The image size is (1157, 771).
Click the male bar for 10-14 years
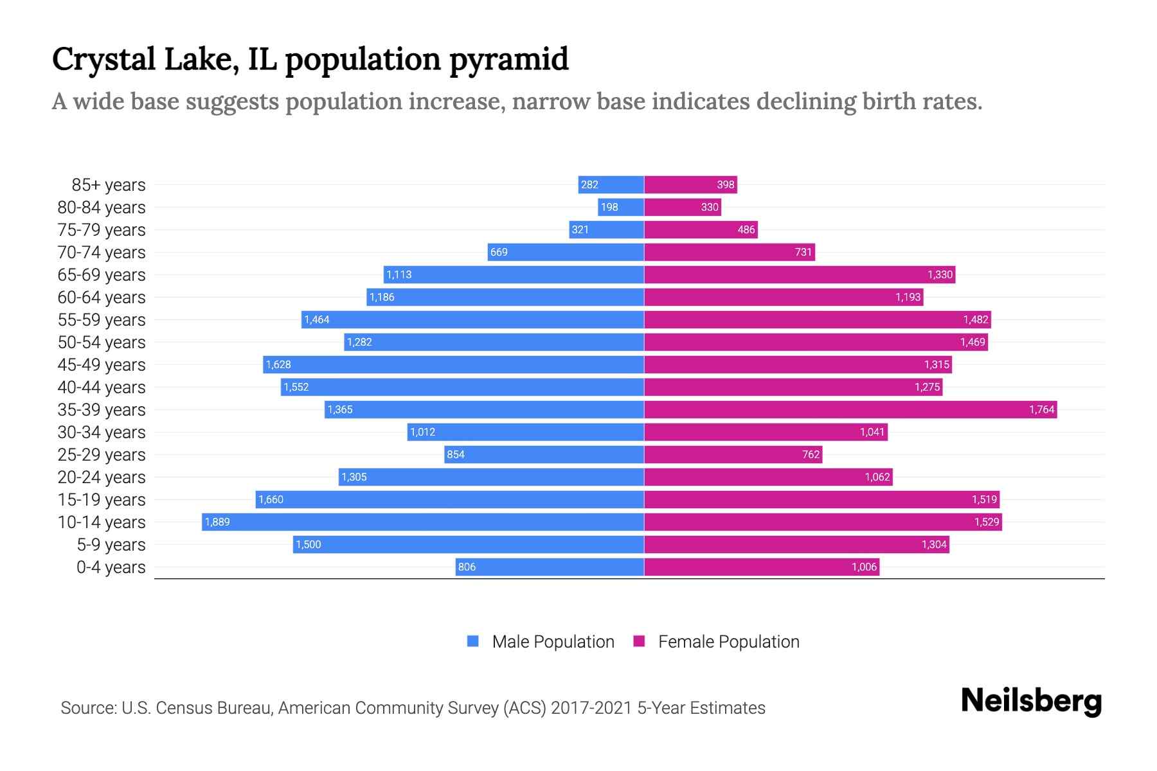423,522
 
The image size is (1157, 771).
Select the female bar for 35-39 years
850,409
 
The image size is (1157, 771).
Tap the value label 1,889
217,522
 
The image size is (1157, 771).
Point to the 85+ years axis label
108,185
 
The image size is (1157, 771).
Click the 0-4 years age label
111,567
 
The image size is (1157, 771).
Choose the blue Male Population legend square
473,641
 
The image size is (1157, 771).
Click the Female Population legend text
728,641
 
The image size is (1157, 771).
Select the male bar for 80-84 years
621,207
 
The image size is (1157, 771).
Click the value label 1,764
1041,409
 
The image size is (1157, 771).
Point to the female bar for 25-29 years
733,454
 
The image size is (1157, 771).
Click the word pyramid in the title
508,59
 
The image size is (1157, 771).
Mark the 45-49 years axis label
102,365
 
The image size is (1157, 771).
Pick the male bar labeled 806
550,567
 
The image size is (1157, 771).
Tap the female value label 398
725,185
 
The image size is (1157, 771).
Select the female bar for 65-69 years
800,274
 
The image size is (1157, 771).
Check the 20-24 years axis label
102,477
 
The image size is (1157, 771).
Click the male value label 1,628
278,364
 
